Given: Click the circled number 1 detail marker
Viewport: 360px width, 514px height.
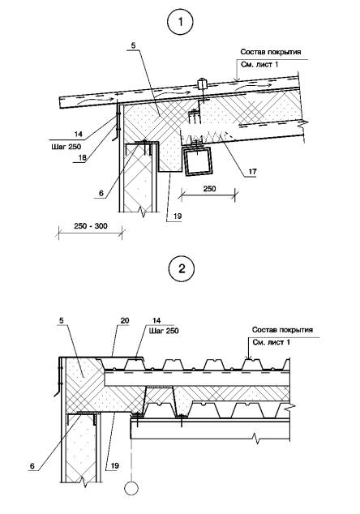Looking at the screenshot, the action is pos(180,22).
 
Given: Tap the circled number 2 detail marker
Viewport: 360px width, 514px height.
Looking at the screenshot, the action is pos(182,269).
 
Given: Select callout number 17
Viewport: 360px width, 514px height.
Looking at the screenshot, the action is pos(252,171).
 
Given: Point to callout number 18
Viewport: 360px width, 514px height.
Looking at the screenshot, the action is pos(82,157).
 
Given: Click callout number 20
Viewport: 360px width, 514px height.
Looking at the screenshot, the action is pos(125,320).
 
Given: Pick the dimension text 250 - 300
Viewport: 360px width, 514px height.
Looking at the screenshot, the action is pos(91,226).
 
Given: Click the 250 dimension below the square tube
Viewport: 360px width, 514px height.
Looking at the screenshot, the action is pos(209,188).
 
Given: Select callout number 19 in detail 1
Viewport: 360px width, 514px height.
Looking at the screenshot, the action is pos(178,216).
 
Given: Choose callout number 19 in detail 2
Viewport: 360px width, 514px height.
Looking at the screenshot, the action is pos(115,466).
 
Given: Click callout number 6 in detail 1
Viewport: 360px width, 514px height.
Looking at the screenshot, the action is pos(101,194).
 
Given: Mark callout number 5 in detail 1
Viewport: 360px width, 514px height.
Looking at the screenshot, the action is pos(133,45).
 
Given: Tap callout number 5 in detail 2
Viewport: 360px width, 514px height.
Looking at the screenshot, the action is pos(62,320).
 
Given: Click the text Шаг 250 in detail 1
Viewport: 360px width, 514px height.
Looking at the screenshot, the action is pos(66,147).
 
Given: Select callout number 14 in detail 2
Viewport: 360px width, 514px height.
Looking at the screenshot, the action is pos(156,320).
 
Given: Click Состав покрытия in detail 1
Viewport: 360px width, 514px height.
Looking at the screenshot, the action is pos(271,52).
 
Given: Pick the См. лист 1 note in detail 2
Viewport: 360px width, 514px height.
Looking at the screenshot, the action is pos(271,343).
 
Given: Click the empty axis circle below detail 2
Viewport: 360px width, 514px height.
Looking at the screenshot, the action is pos(131,488).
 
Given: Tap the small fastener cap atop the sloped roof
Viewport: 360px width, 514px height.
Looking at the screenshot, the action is pos(201,84).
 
